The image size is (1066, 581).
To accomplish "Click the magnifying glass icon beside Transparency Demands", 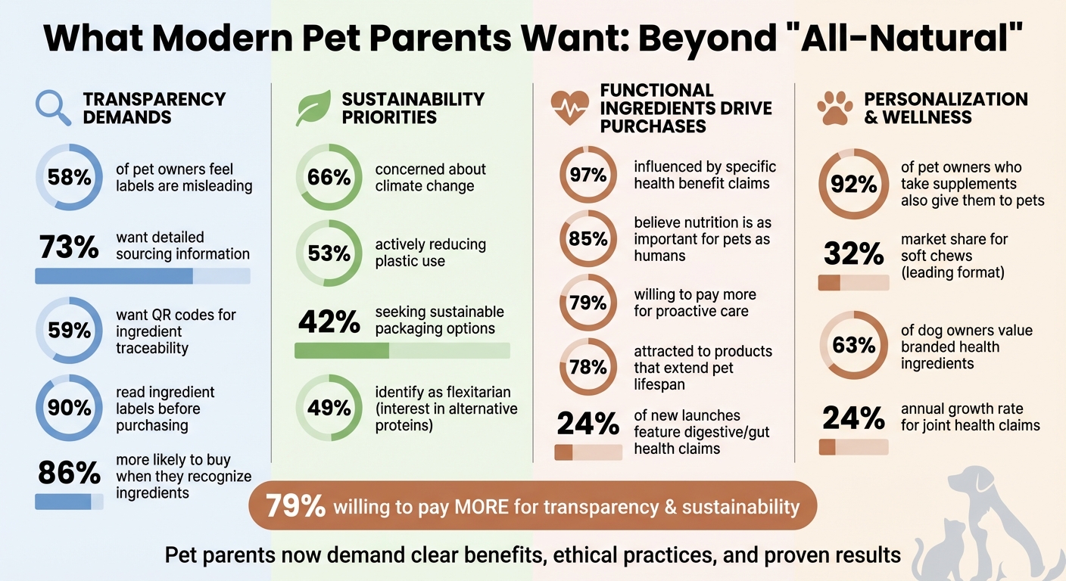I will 53,108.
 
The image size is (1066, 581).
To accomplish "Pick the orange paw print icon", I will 834,108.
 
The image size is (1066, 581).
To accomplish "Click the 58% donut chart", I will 69,178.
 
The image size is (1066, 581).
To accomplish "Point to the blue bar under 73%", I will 142,276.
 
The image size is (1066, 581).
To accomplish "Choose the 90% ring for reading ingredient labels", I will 69,409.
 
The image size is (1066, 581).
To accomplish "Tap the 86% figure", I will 69,474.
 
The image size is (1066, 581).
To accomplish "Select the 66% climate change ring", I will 329,178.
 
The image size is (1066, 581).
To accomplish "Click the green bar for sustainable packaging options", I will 401,350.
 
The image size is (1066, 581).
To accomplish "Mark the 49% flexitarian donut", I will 329,409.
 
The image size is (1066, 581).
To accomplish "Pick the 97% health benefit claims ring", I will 588,176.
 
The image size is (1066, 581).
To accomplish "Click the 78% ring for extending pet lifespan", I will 588,368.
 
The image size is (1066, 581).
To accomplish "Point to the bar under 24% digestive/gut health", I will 588,452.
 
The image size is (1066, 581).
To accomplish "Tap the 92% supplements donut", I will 853,184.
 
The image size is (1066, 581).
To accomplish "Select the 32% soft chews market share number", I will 853,255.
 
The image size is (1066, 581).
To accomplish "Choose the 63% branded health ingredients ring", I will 853,345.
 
